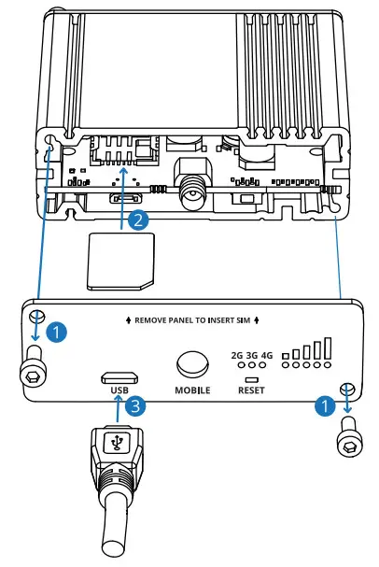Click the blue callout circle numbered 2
138,220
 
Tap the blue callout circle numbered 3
136,406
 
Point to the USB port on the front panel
119,377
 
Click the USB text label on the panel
118,390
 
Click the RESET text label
251,390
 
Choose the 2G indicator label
237,355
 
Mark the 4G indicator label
268,355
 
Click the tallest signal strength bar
327,348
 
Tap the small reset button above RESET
251,379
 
